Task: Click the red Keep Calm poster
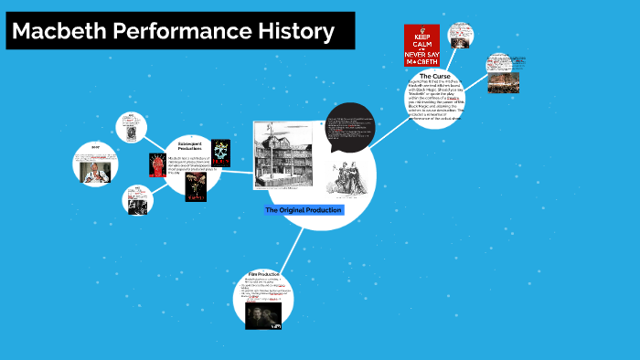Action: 421,45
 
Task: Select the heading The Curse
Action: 435,77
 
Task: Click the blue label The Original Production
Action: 304,210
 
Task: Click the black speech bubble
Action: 350,127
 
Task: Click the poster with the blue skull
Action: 221,153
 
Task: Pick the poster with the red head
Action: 157,164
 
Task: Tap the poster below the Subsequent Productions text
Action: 195,185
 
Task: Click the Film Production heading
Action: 263,274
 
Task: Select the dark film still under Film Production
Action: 263,315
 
